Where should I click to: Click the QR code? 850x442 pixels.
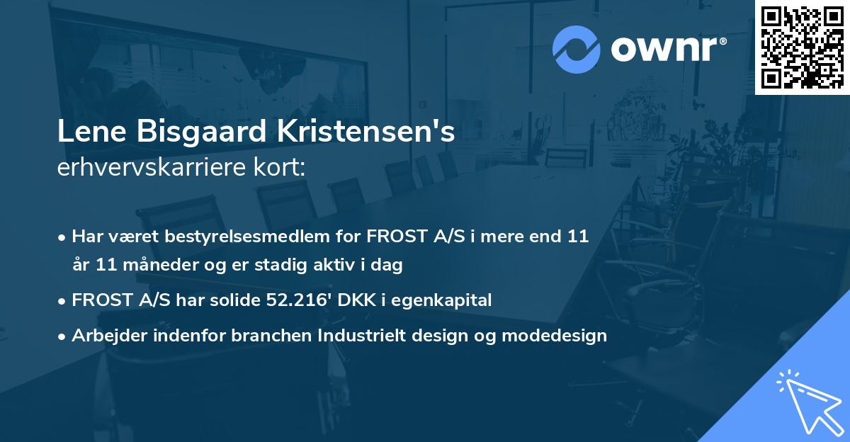(802, 47)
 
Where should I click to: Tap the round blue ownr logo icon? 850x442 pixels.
(577, 48)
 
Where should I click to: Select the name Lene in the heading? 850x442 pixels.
(86, 133)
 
